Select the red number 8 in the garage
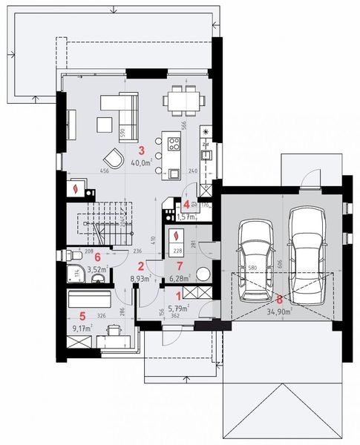(x=279, y=300)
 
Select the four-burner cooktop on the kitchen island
(x=173, y=141)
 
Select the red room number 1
(x=176, y=296)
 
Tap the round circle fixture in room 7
(x=203, y=272)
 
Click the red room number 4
(x=186, y=204)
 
